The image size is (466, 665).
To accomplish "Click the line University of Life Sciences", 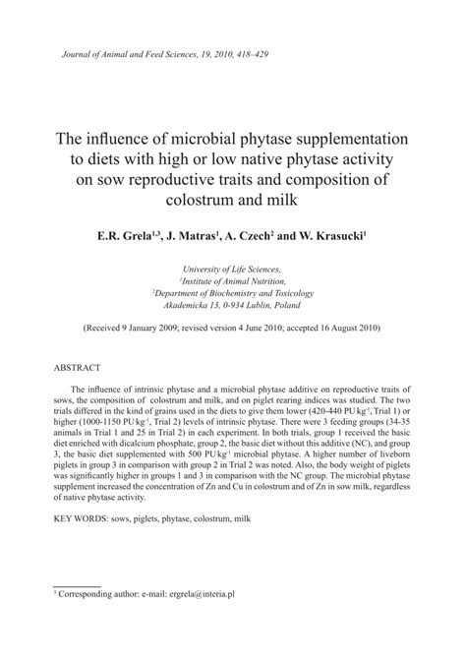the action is (x=232, y=268).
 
